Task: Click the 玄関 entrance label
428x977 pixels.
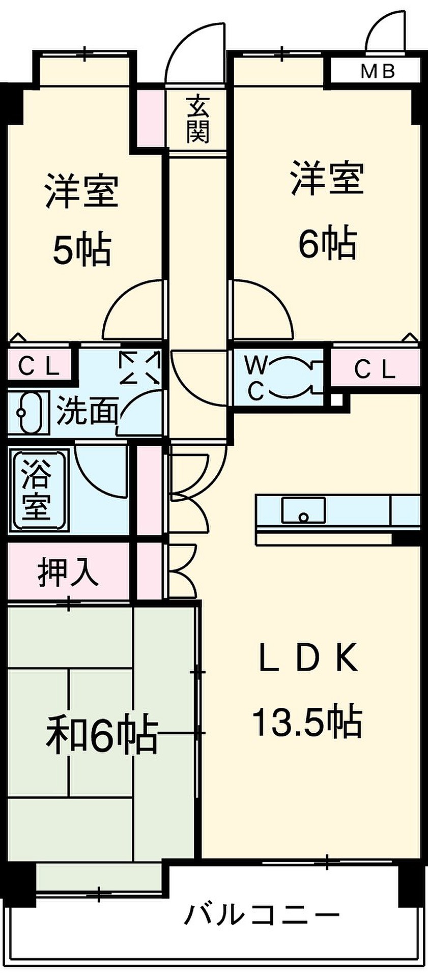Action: [x=197, y=120]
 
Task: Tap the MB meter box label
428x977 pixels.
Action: [x=378, y=71]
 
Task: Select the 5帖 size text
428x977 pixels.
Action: [x=82, y=249]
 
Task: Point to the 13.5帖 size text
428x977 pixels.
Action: [x=307, y=722]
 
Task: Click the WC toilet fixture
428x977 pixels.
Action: [x=293, y=377]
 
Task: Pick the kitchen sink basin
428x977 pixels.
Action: [x=303, y=510]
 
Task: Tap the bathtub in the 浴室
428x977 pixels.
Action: [x=36, y=490]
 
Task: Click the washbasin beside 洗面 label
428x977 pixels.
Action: [x=28, y=413]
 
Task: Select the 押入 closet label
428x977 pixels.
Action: [x=68, y=572]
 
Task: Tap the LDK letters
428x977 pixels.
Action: [x=308, y=658]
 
